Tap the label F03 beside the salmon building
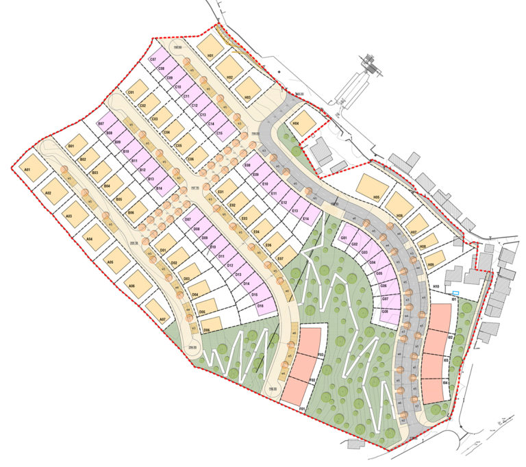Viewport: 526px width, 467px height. point(320,354)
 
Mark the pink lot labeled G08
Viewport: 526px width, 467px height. point(387,314)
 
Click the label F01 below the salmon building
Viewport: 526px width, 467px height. point(301,408)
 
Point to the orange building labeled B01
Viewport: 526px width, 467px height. point(76,144)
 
